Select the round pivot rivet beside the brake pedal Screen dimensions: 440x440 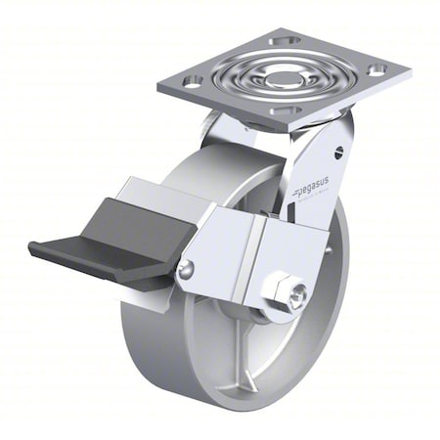[x=186, y=269]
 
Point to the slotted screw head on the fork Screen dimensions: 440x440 [x=338, y=152]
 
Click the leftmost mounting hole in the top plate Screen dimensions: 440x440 [x=193, y=80]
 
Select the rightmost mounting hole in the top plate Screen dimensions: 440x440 [x=376, y=69]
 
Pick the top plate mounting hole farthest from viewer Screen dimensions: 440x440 [x=286, y=41]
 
